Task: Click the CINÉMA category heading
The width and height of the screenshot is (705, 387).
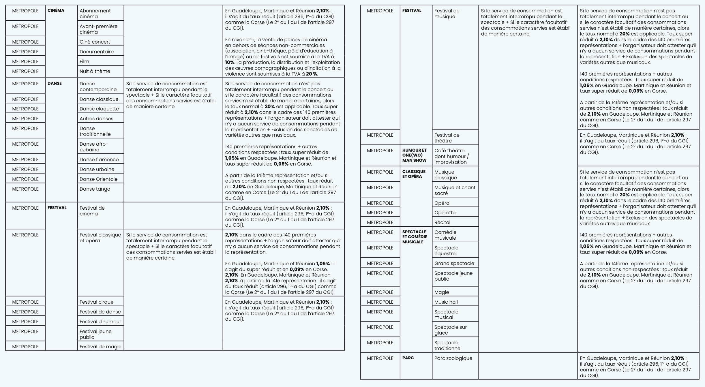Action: tap(56, 10)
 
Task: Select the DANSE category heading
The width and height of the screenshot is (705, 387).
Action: tap(55, 83)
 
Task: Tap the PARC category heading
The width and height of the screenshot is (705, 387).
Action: tap(408, 358)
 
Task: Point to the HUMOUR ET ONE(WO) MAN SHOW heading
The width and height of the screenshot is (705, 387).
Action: tap(414, 155)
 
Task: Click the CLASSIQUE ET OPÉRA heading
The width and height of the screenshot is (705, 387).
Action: tap(414, 174)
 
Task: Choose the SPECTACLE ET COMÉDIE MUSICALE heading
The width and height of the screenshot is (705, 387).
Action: tap(415, 237)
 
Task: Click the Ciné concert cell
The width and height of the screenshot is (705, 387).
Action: tap(95, 42)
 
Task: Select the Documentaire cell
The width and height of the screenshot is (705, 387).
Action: tap(97, 52)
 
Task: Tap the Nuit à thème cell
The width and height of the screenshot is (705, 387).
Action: tap(95, 71)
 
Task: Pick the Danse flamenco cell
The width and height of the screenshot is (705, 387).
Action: tap(99, 159)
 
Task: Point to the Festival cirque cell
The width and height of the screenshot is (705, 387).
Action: tap(97, 302)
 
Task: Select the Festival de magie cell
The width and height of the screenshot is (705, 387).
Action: tap(100, 347)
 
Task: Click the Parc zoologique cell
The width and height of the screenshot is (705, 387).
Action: tap(453, 358)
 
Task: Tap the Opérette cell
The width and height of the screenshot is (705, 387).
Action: tap(445, 213)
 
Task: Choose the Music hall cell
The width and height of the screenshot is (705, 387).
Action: tap(446, 302)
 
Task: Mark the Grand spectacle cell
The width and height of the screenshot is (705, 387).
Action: tap(454, 263)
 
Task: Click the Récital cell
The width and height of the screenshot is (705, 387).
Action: tap(442, 222)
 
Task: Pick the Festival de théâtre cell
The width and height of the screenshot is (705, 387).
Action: tap(447, 138)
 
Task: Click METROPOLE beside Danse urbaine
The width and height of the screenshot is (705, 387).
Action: tap(25, 169)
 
